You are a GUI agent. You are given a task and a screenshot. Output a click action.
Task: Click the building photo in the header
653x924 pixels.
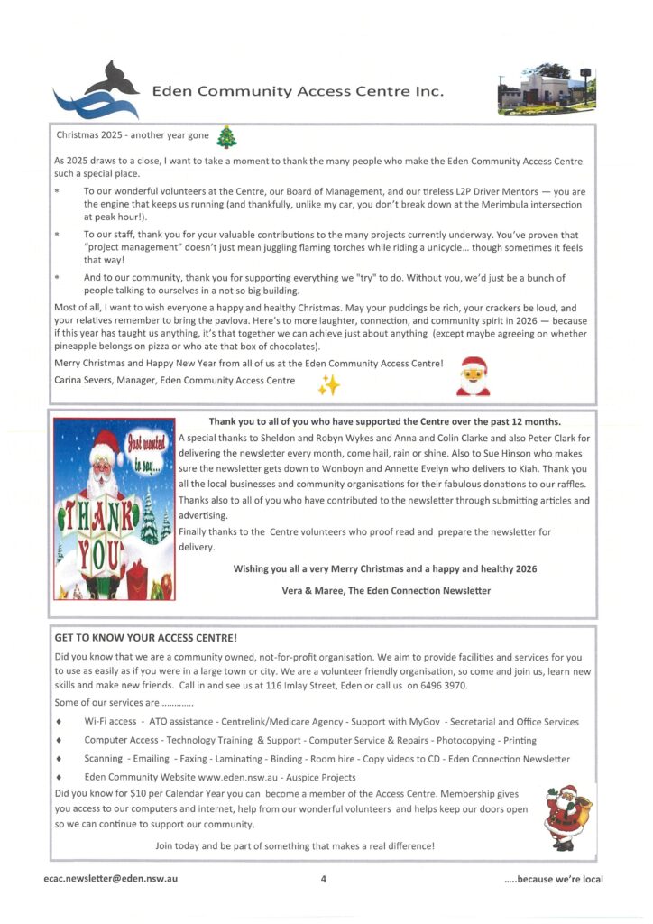tap(546, 89)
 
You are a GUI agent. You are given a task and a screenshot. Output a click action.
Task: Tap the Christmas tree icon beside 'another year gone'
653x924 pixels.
tap(226, 136)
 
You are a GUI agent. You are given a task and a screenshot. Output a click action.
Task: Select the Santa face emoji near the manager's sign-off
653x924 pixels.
tap(474, 376)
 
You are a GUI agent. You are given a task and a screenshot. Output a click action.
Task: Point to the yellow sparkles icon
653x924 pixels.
tap(328, 385)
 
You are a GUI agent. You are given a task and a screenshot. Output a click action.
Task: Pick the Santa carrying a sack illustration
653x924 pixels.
tap(567, 816)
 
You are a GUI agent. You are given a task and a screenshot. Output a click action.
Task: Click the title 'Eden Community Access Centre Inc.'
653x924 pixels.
tap(298, 92)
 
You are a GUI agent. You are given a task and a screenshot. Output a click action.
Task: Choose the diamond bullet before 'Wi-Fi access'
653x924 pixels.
tap(59, 723)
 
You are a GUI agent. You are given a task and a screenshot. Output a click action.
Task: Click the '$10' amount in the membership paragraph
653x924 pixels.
tap(141, 792)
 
